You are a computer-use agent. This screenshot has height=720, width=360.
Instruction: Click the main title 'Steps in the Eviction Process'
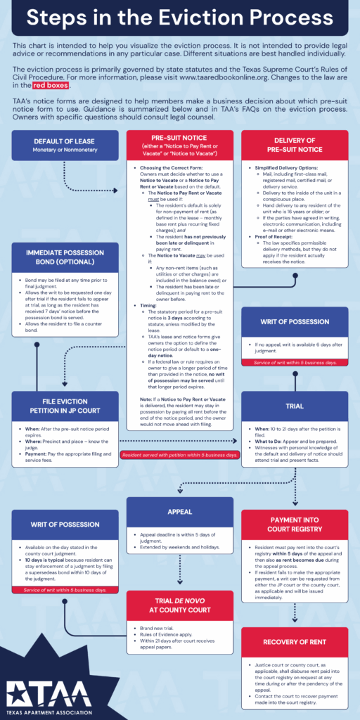(x=180, y=18)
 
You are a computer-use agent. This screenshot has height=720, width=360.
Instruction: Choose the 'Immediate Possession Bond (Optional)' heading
(x=64, y=257)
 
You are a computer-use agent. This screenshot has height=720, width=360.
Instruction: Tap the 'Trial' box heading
(x=295, y=406)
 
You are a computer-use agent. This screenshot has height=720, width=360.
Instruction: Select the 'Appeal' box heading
(x=179, y=513)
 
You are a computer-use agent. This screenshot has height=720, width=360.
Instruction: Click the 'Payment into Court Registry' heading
(x=295, y=525)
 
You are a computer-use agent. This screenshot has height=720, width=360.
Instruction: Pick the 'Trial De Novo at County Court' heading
(x=179, y=605)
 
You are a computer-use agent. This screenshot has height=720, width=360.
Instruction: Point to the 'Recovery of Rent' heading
(x=295, y=642)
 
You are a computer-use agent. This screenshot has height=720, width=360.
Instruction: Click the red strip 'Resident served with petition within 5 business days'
(x=179, y=456)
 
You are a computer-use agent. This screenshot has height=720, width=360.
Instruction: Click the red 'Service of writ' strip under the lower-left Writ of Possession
(x=64, y=590)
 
